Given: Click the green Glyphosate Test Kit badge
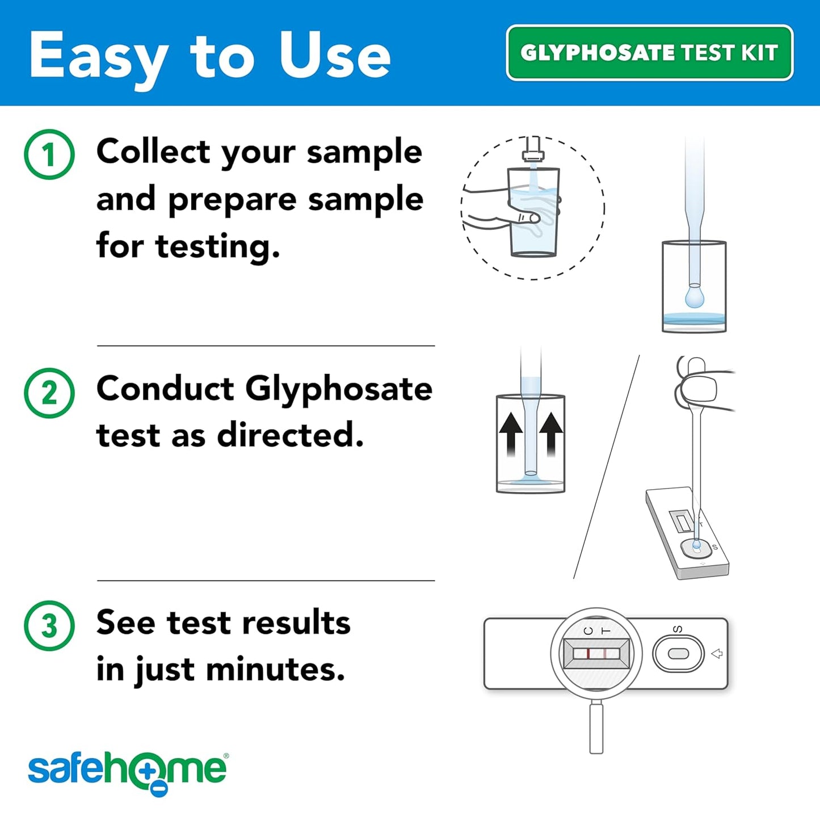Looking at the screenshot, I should [649, 53].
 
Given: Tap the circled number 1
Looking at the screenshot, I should [49, 154].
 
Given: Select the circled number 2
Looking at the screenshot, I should [49, 393].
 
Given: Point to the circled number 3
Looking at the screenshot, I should [49, 625].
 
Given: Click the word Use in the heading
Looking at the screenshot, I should [335, 56].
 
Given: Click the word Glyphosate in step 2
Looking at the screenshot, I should [338, 389].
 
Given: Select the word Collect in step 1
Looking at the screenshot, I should [154, 152].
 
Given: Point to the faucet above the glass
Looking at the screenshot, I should [533, 151].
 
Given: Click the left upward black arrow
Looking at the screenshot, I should [511, 434].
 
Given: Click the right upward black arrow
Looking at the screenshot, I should [551, 434].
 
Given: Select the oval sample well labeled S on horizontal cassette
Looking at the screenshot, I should [678, 654].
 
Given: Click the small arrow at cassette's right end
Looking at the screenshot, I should [717, 654].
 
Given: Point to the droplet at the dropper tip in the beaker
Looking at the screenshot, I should [694, 297].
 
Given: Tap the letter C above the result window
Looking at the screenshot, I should [588, 631].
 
